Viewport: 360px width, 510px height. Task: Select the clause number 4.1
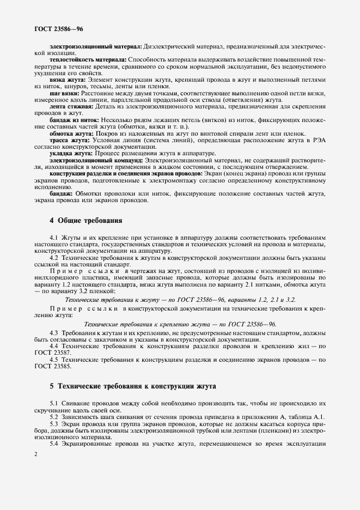[54, 238]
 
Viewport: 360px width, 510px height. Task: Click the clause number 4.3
[54, 333]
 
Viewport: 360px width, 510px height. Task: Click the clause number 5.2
[54, 417]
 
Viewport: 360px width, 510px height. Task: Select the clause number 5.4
[54, 444]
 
